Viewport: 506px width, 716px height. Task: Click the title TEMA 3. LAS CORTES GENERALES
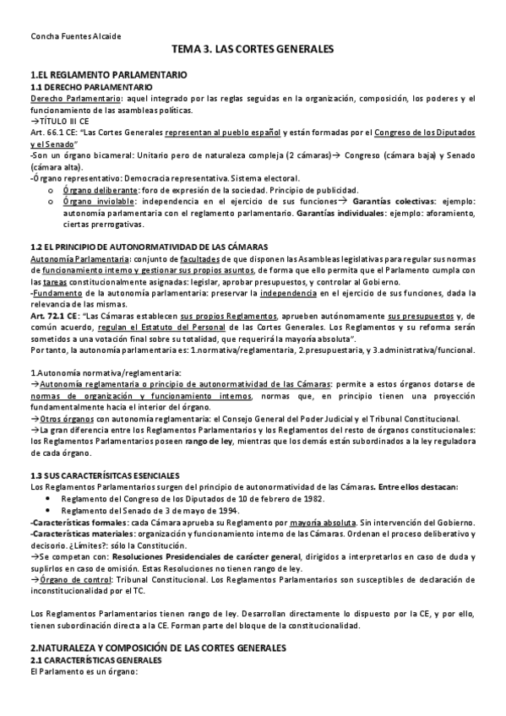click(253, 50)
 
